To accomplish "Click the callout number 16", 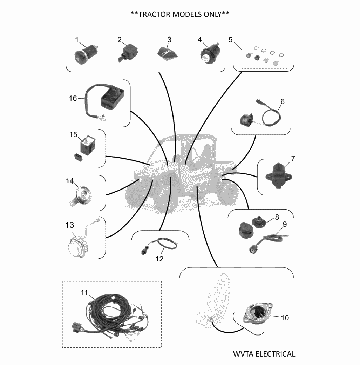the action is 73,98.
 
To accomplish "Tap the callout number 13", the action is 69,225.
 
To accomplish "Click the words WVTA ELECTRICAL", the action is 264,354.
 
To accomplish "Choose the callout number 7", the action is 293,159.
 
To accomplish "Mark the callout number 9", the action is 285,224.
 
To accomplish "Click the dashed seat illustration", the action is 212,300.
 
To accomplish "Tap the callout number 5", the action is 230,40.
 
